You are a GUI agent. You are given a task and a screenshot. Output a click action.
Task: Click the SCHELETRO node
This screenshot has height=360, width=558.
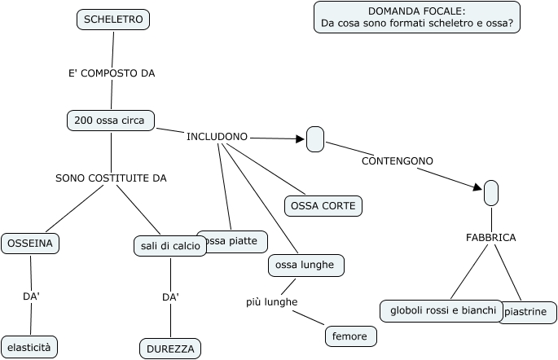click(113, 20)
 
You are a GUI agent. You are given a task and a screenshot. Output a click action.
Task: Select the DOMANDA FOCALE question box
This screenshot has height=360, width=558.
click(416, 17)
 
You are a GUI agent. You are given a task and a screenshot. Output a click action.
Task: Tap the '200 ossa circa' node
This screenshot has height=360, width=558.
click(110, 121)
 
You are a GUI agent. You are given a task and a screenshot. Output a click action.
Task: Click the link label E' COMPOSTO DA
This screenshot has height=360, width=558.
click(112, 73)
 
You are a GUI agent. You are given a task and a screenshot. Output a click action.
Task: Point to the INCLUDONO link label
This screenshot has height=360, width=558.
click(217, 137)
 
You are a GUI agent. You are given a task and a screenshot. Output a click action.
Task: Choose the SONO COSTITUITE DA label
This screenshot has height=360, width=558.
click(111, 178)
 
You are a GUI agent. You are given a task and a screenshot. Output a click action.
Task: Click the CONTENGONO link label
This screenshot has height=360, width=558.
click(397, 161)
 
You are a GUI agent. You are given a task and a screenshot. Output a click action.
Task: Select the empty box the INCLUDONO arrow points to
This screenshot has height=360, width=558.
click(315, 139)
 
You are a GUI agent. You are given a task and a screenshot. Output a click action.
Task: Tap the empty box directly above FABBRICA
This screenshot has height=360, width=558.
click(490, 193)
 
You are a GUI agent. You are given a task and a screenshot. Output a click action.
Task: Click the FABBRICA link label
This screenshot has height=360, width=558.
click(490, 238)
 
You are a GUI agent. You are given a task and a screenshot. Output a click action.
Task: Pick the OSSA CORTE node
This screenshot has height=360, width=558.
click(323, 206)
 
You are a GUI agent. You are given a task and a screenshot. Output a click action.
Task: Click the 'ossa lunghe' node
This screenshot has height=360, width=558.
click(306, 266)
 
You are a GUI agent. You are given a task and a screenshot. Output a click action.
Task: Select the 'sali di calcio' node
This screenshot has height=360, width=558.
click(170, 246)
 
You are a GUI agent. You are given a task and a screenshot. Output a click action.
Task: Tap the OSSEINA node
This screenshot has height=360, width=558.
click(31, 243)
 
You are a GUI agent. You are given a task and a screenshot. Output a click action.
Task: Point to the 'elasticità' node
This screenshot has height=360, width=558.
click(29, 347)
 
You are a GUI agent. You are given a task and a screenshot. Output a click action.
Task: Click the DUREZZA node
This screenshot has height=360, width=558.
click(170, 349)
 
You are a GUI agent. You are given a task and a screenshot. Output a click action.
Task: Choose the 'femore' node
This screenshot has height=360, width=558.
click(351, 336)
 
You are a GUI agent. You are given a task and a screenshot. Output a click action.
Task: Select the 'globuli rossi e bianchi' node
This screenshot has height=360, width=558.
click(442, 311)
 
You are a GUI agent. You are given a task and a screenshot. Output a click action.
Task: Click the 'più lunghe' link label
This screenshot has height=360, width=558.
click(271, 302)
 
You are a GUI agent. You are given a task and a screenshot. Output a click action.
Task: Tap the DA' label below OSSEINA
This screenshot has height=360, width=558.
click(31, 296)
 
